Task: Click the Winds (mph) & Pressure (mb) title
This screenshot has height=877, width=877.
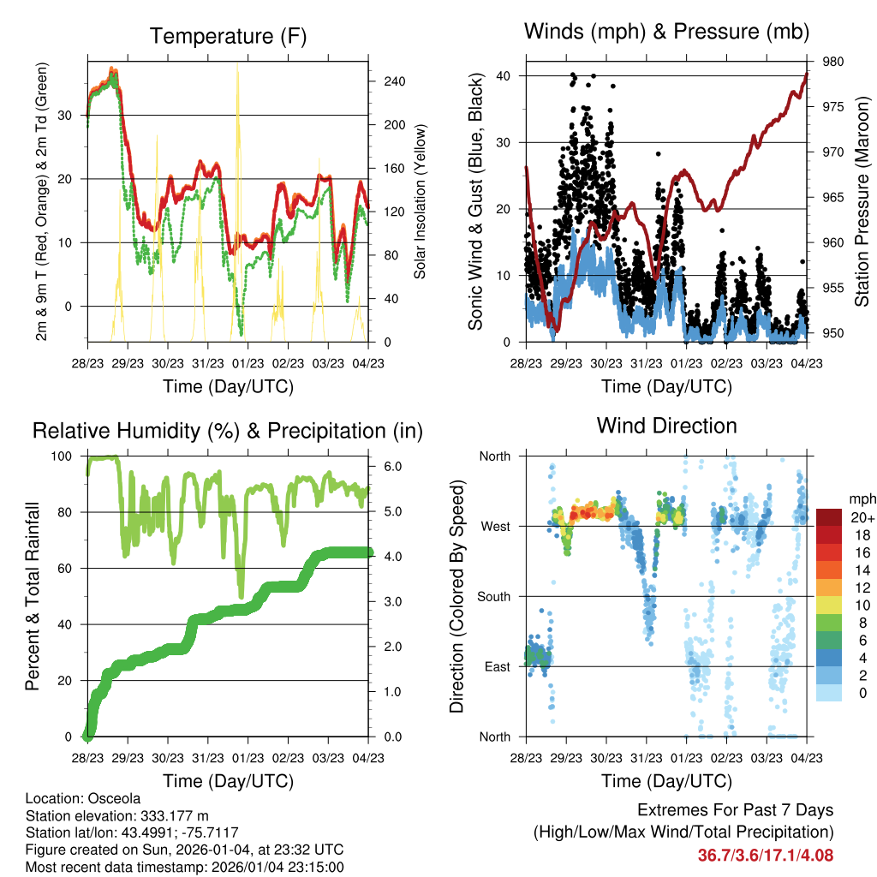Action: pyautogui.click(x=666, y=32)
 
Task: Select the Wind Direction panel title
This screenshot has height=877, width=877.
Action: pyautogui.click(x=666, y=426)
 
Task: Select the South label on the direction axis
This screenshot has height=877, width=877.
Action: pyautogui.click(x=494, y=596)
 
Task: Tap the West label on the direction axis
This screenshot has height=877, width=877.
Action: pyautogui.click(x=497, y=526)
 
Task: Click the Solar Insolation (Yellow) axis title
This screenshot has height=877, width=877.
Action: pyautogui.click(x=420, y=201)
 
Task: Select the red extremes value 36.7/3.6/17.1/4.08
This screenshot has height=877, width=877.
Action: pyautogui.click(x=766, y=855)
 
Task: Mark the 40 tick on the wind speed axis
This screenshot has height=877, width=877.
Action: pyautogui.click(x=504, y=75)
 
